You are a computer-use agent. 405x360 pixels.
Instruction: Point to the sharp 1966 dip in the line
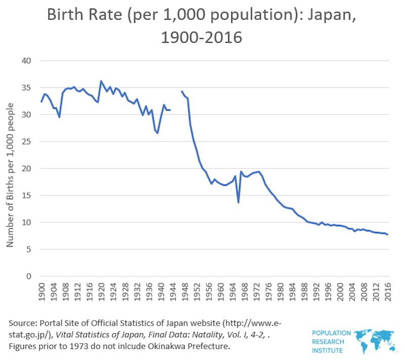pyautogui.click(x=238, y=203)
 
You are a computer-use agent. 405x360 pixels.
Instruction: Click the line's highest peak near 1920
pyautogui.click(x=101, y=81)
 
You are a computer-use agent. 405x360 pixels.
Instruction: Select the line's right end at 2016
pyautogui.click(x=388, y=234)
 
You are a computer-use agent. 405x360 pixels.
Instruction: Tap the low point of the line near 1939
pyautogui.click(x=157, y=133)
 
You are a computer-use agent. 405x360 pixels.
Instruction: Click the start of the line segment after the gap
pyautogui.click(x=182, y=92)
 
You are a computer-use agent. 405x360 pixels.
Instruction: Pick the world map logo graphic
pyautogui.click(x=374, y=341)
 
